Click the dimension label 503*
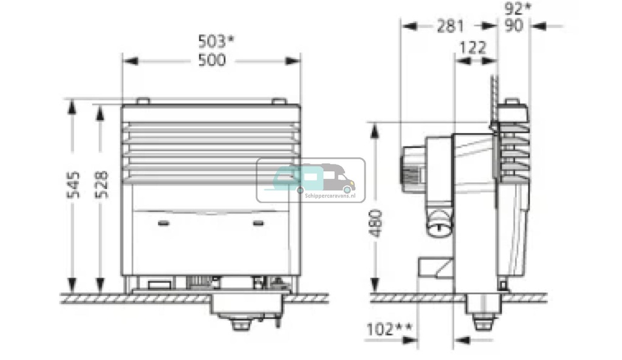click(216, 41)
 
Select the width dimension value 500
click(211, 60)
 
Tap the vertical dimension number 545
click(72, 185)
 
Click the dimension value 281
click(450, 26)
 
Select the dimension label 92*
click(518, 8)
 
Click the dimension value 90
click(514, 26)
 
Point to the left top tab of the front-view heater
click(142, 101)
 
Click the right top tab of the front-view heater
click(278, 101)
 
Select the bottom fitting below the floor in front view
click(238, 323)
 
